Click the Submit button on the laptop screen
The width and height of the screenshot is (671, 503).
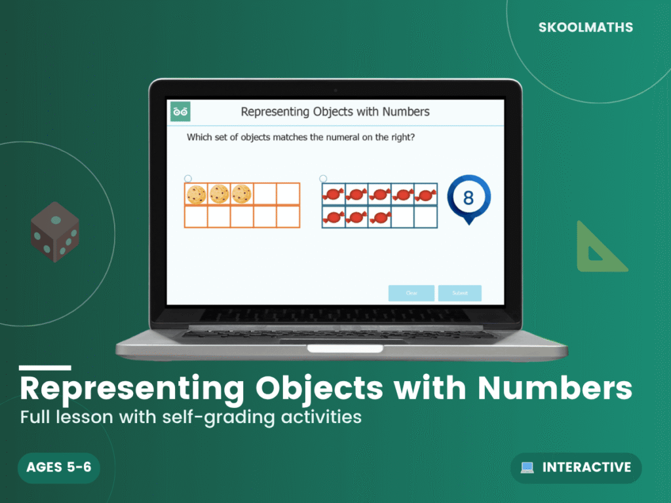click(460, 293)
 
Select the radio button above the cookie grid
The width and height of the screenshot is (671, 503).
click(188, 178)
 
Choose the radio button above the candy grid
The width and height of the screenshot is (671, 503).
click(323, 178)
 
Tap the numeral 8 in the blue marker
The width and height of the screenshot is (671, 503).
click(468, 198)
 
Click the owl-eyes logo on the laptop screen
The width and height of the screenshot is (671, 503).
click(180, 111)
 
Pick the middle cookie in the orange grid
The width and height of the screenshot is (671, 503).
click(219, 194)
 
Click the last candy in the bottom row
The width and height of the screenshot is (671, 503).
click(379, 216)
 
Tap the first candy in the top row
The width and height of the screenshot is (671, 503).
click(334, 195)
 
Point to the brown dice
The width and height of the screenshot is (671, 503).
click(55, 232)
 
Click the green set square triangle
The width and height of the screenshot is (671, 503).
click(598, 249)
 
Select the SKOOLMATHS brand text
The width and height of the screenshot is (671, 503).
click(585, 28)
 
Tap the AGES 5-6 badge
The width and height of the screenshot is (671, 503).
click(59, 467)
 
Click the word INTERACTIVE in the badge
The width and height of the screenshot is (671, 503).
click(586, 467)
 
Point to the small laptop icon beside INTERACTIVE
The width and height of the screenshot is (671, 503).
click(527, 468)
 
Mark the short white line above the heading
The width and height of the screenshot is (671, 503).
click(45, 367)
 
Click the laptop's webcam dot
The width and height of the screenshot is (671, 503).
click(335, 90)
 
